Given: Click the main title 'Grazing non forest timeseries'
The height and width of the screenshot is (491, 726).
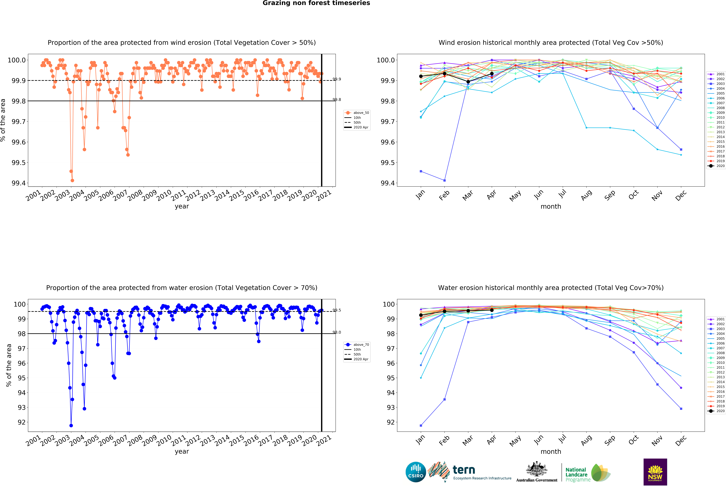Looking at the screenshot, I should (316, 3).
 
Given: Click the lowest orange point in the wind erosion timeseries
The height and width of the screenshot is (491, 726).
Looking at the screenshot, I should (73, 180).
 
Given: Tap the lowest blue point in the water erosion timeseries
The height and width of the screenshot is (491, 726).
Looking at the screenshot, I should (71, 425).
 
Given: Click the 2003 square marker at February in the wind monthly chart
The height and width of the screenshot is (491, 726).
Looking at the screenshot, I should (445, 180).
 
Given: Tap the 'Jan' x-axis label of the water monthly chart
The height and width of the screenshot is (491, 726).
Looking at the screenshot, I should (420, 440).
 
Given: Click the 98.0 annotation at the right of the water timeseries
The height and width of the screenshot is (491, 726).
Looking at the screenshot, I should (337, 332).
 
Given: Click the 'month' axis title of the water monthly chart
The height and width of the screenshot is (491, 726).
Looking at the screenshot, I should (551, 452).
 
